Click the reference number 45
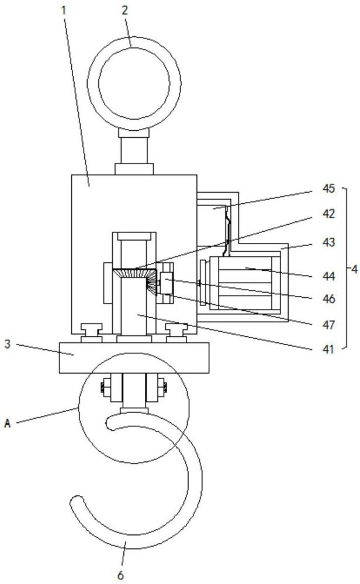pos(328,189)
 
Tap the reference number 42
pos(328,214)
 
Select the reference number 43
pos(328,242)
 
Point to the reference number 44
pos(328,276)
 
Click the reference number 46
pos(328,298)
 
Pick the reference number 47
pos(328,325)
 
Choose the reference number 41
pos(328,349)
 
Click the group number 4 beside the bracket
pos(354,269)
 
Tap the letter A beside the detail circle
pos(8,423)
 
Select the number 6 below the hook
pos(120,575)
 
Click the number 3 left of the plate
pos(8,344)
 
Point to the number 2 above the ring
pos(124,10)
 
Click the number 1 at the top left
pos(64,10)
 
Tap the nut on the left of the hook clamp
pos(105,388)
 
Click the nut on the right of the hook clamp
pos(162,388)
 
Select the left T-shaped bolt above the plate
pos(92,333)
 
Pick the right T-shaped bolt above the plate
pos(176,333)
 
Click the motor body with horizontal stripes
pos(245,283)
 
